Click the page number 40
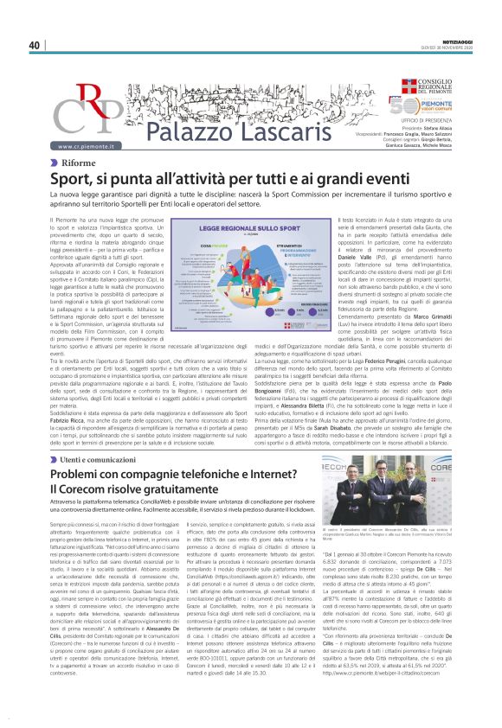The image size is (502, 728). tap(35, 45)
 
